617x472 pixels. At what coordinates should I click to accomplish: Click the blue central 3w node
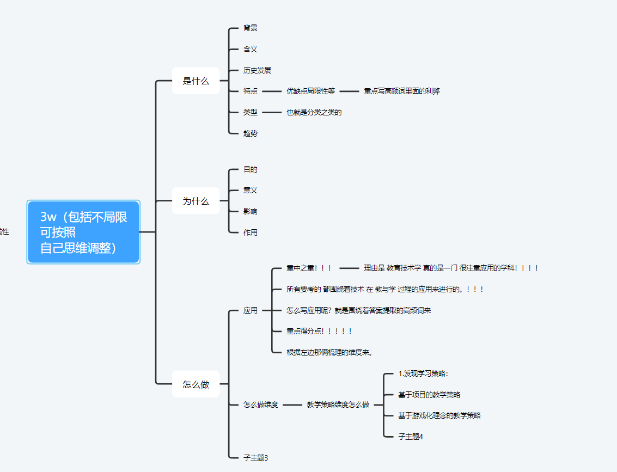[83, 232]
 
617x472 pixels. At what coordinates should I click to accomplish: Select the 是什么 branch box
[196, 81]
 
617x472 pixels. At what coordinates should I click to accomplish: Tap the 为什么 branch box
[196, 201]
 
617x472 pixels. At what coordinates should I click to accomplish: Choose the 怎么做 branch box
[196, 384]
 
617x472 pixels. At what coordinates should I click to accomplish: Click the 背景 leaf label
[251, 28]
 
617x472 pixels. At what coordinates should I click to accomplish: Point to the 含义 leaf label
[251, 49]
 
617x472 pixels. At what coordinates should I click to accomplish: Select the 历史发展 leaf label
[257, 70]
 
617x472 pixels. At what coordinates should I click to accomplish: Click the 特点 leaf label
[251, 91]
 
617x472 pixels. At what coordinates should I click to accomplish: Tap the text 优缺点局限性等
[310, 91]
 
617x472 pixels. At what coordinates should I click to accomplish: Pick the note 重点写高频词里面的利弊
[401, 91]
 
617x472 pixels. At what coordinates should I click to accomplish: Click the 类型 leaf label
[251, 112]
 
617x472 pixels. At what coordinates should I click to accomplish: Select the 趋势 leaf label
[251, 133]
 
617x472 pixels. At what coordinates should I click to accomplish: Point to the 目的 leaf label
[251, 169]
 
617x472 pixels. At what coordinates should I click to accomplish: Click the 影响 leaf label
[251, 211]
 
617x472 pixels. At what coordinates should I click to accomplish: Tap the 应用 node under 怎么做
[251, 310]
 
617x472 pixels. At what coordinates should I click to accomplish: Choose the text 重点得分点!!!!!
[319, 331]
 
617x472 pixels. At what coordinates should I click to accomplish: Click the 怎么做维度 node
[261, 404]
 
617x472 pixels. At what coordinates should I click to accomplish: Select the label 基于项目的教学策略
[429, 395]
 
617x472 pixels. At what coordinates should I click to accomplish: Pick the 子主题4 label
[411, 437]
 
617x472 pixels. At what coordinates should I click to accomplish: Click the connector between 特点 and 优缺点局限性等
[271, 91]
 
